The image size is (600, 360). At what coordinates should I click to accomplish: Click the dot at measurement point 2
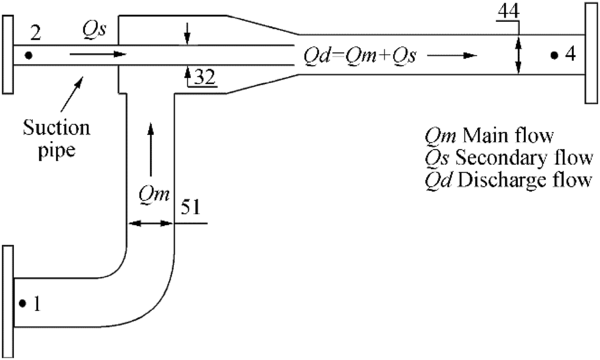tap(29, 55)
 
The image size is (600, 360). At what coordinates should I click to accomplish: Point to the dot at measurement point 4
tap(554, 55)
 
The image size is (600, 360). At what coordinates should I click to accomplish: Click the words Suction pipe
tap(57, 139)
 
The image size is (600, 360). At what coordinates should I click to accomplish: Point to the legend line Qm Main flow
tap(490, 135)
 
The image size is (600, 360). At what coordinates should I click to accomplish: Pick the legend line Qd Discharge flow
tap(508, 181)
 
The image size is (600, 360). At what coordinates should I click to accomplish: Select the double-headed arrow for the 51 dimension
tap(150, 224)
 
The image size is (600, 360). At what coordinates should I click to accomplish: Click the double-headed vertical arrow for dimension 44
tap(518, 55)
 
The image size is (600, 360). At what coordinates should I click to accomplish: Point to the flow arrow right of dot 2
tap(97, 55)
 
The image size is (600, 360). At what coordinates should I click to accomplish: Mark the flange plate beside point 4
tap(591, 53)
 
